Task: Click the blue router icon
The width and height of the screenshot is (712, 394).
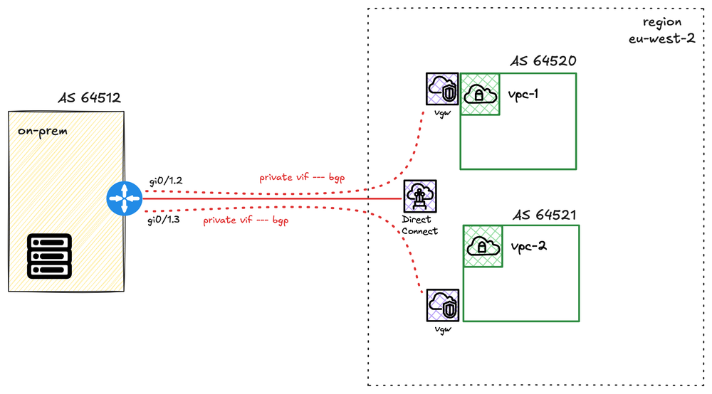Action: pos(124,199)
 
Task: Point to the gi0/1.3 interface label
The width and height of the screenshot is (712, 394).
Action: pos(164,221)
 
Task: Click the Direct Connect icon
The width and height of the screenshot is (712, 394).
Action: pos(419,197)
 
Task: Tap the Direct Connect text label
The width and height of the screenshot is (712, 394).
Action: pos(419,225)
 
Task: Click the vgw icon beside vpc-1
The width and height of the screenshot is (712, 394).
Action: pos(441,90)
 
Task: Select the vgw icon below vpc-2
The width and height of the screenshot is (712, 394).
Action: pos(442,307)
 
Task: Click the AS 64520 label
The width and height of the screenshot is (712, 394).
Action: pos(543,61)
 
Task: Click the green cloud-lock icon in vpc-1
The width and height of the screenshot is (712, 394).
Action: pos(478,94)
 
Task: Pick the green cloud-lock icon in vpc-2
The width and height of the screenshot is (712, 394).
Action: pos(483,246)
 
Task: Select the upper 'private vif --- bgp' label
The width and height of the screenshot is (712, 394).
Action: pos(302,178)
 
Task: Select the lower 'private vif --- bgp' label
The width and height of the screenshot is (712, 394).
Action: pos(246,220)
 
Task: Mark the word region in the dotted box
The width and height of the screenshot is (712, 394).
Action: pos(662,22)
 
